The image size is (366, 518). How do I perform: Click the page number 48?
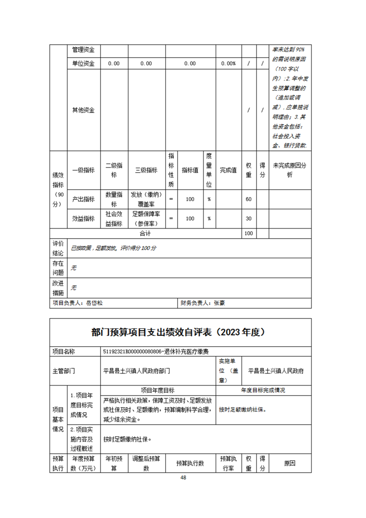point(183,477)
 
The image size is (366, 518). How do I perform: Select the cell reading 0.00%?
point(228,64)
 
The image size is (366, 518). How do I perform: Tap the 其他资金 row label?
point(83,110)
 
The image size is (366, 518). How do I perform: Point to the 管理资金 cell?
point(83,50)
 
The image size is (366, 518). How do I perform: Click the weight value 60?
point(248,199)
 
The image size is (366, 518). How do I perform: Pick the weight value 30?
point(248,218)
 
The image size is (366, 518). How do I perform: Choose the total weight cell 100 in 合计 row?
point(248,234)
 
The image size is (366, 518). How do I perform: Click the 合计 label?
point(146,234)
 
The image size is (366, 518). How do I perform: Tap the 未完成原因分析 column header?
point(289,170)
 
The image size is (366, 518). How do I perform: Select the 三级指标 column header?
point(146,170)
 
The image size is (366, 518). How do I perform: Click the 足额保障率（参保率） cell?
point(146,218)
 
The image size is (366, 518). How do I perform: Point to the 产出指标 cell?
point(83,199)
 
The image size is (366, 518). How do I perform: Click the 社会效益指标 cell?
point(114,218)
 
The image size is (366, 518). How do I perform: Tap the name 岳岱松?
point(95,303)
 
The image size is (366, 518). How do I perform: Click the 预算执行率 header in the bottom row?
point(228,464)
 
